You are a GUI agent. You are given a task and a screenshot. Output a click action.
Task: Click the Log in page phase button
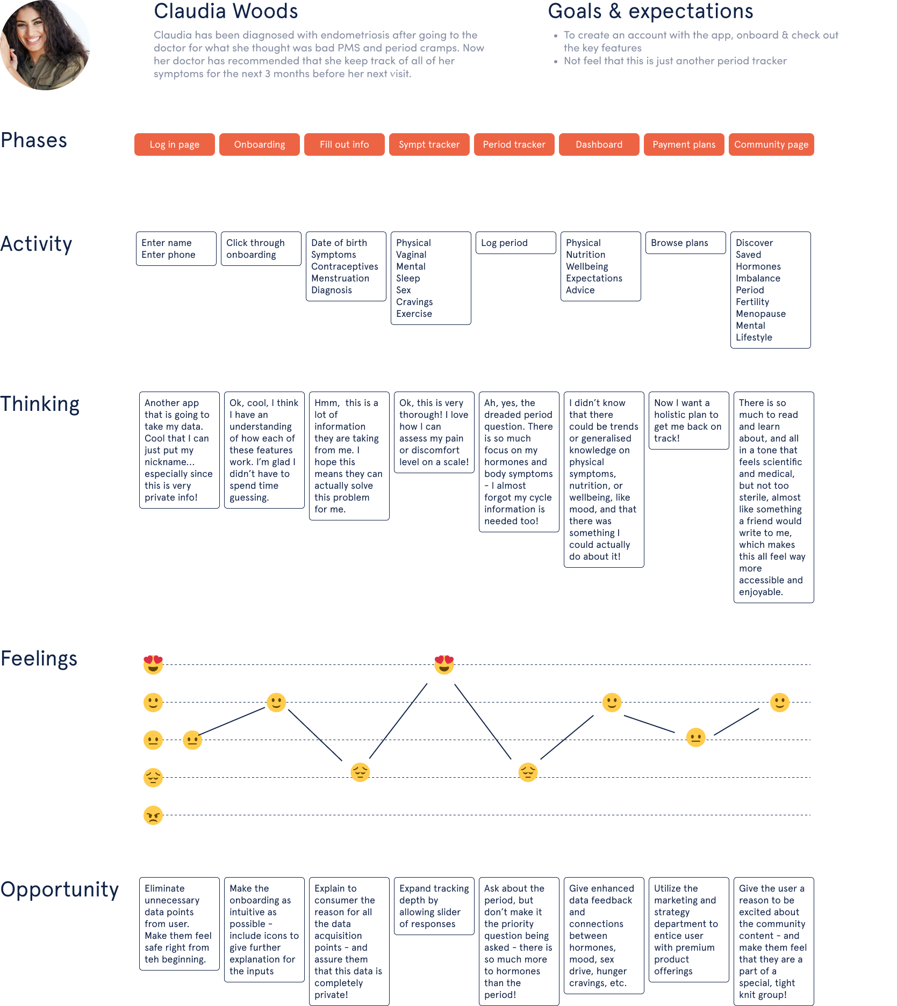point(175,144)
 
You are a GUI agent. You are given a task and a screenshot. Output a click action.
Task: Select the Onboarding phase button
point(260,144)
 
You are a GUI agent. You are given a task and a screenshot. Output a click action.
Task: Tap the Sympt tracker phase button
point(429,144)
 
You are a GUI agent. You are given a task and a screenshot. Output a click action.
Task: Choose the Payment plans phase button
point(684,144)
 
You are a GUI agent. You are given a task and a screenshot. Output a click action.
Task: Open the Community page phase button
point(771,144)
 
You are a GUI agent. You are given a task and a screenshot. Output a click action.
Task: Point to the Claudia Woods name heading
point(226,11)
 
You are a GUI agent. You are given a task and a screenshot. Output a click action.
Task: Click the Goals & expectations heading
point(650,11)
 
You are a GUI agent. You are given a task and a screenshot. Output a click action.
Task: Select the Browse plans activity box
point(685,243)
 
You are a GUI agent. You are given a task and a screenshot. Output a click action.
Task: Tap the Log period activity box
point(515,243)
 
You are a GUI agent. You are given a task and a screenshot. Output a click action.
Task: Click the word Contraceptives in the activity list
point(345,266)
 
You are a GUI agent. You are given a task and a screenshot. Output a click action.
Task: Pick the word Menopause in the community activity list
point(760,314)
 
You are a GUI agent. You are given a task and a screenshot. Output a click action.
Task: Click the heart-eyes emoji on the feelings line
point(444,665)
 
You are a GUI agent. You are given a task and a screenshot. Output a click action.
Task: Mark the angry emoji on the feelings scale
point(153,815)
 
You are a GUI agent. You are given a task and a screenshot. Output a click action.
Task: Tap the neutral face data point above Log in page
point(192,740)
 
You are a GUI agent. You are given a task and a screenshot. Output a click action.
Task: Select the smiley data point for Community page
point(779,703)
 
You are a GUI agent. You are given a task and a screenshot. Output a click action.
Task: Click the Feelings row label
point(39,658)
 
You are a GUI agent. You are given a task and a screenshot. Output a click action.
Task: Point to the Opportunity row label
point(59,889)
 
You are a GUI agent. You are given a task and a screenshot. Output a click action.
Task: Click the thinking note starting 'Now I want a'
point(688,421)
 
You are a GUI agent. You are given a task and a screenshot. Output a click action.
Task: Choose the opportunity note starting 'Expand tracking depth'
point(434,906)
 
